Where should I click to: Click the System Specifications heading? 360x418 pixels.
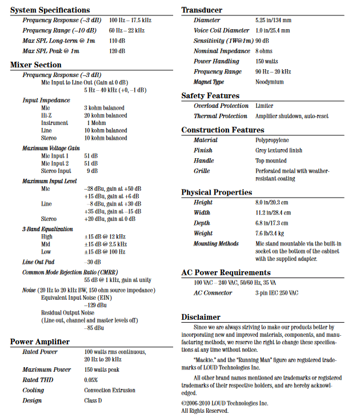pos(50,10)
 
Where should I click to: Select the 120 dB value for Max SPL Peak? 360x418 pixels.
pos(117,51)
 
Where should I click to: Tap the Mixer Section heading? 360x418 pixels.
pos(36,65)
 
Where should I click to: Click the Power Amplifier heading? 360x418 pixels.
pos(40,342)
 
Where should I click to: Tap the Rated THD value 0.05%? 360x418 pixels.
pos(91,380)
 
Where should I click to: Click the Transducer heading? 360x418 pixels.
pos(202,10)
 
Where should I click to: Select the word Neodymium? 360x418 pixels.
pos(269,82)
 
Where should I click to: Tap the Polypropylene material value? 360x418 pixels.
pos(272,140)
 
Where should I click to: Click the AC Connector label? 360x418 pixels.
pos(213,293)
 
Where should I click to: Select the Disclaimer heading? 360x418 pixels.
pos(201,317)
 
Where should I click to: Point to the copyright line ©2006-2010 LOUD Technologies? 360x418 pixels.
pos(224,403)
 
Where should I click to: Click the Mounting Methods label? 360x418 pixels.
pos(216,244)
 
